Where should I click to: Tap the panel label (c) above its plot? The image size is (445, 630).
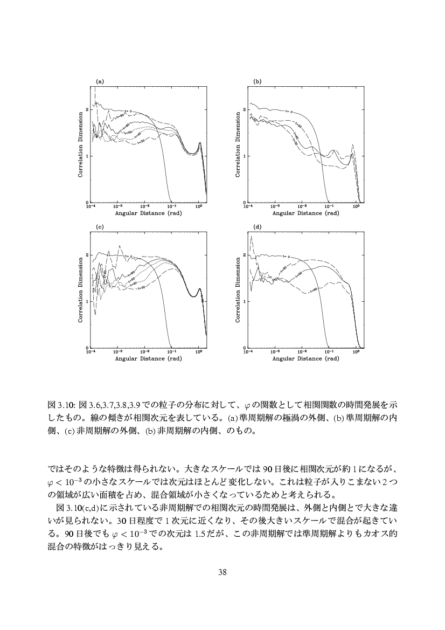point(99,226)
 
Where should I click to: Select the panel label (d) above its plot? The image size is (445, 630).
point(258,226)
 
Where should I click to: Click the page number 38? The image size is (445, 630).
point(222,572)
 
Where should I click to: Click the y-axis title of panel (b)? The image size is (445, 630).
point(239,145)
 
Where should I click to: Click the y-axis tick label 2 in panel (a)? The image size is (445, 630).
point(87,109)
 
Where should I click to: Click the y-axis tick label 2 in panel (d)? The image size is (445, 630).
point(245,255)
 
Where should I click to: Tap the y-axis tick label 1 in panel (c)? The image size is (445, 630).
point(87,301)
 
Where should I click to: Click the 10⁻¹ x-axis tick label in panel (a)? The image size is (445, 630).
point(171,206)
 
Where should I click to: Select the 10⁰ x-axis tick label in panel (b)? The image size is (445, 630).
point(356,206)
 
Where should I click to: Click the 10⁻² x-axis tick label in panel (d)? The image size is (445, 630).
point(302,352)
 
